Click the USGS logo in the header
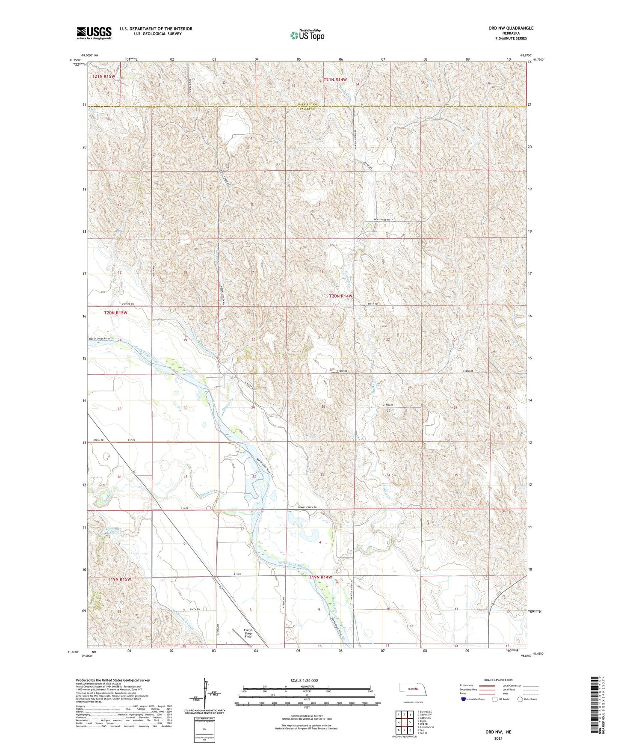click(x=94, y=33)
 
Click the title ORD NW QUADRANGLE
click(x=509, y=28)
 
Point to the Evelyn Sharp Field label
click(x=248, y=633)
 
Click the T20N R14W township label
click(x=341, y=296)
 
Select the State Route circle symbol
click(x=520, y=699)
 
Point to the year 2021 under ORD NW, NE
click(x=497, y=738)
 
